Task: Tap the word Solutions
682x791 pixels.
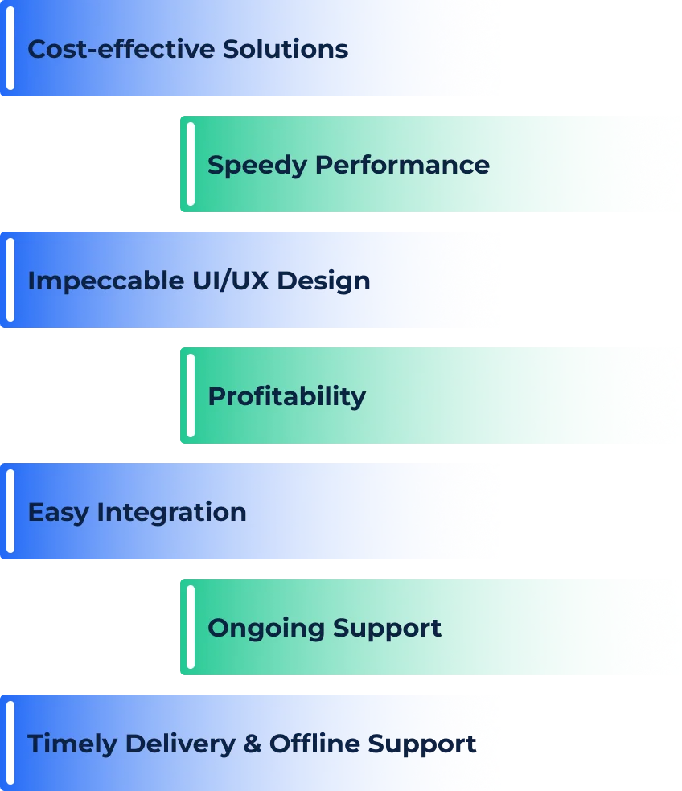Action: [x=286, y=49]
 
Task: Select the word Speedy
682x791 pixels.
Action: [x=257, y=166]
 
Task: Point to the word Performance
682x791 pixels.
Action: [x=402, y=165]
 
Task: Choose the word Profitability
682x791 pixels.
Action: [x=286, y=396]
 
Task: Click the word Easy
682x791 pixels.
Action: [x=58, y=513]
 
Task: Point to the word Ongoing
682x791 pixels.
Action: [x=266, y=628]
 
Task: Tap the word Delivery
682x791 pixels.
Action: [x=182, y=744]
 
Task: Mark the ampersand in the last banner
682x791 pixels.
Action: [x=253, y=744]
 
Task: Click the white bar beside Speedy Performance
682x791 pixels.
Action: [x=191, y=164]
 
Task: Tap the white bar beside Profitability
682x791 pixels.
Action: [x=191, y=395]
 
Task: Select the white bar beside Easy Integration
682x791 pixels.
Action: [x=10, y=511]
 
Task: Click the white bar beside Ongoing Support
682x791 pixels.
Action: [x=191, y=627]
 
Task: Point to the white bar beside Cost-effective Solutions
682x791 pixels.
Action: [x=10, y=48]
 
